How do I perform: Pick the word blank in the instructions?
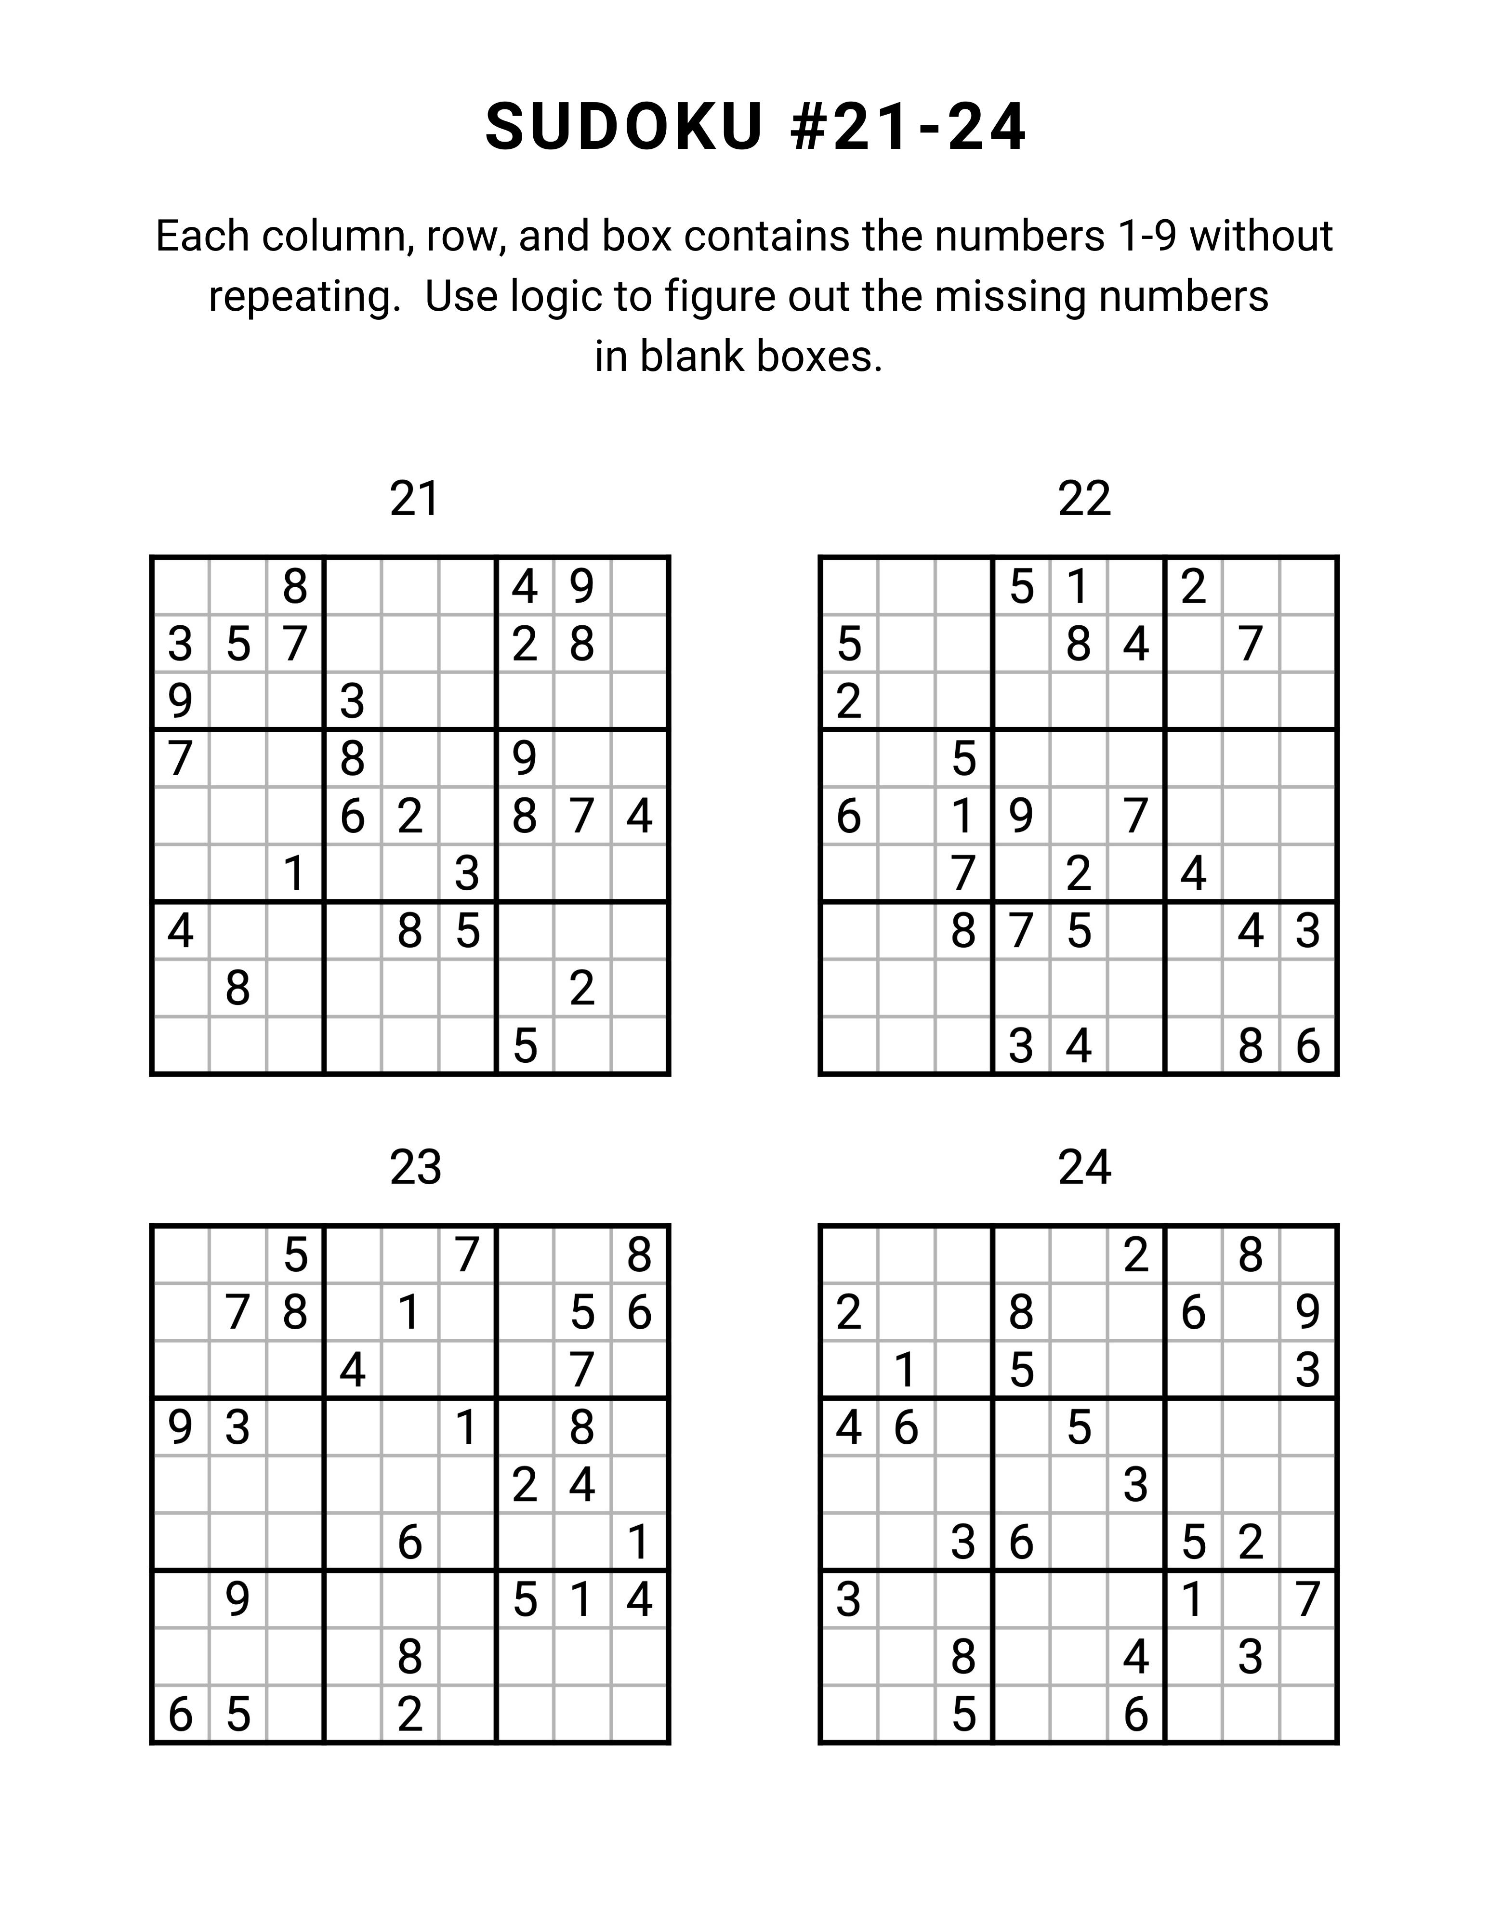coord(692,356)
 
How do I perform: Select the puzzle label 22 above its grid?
coord(1083,500)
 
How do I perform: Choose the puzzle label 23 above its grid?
coord(415,1168)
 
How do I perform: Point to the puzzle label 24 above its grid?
coord(1083,1168)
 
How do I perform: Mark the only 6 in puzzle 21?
coord(352,816)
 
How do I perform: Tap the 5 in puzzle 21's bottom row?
coord(525,1046)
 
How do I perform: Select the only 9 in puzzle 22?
coord(1021,816)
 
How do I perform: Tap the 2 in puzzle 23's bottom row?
coord(409,1715)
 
